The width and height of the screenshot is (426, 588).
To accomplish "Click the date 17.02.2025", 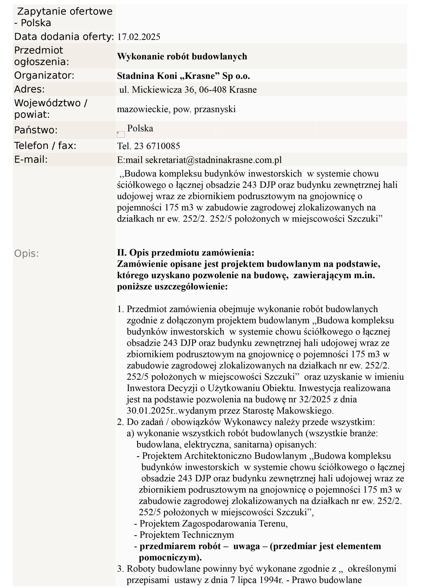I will point(139,37).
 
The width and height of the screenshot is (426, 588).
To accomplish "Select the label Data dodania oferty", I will point(64,37).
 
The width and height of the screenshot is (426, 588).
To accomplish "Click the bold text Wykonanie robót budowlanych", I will point(182,57).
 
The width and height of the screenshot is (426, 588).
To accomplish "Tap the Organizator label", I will point(44,75).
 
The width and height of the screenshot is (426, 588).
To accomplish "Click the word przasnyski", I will point(215,109).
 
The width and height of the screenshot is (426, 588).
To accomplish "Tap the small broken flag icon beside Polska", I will point(121,134).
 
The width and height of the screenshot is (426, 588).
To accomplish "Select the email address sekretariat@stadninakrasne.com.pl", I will point(213,160).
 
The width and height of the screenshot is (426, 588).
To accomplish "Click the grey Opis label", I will point(26,253).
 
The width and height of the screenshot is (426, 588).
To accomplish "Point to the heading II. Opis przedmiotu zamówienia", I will point(186,252).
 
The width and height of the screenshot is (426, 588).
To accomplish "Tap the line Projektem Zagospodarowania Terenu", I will point(213,523).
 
